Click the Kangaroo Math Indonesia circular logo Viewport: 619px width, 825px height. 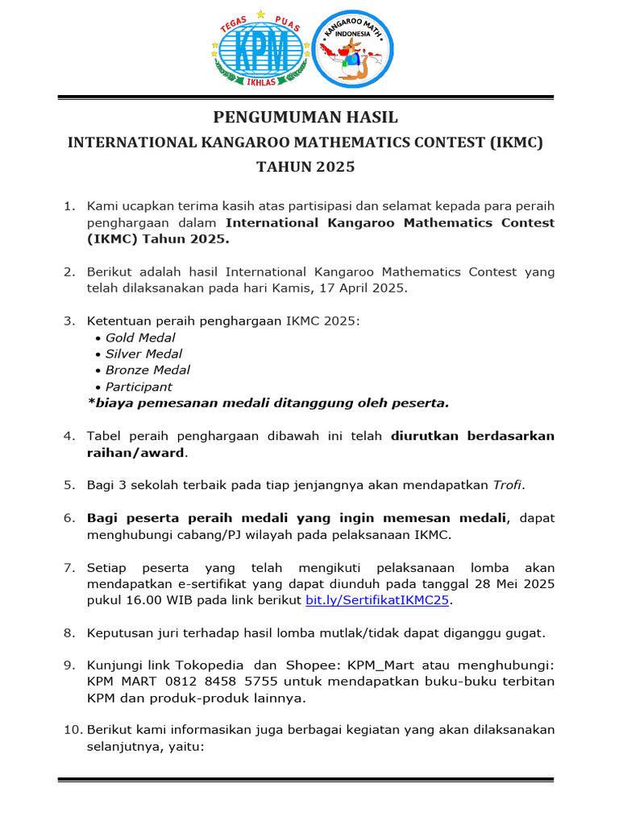point(354,48)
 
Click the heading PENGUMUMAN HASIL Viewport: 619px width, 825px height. point(305,118)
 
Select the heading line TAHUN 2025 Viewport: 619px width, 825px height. point(305,168)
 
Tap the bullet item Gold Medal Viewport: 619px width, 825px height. point(140,338)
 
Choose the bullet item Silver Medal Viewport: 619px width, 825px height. point(143,354)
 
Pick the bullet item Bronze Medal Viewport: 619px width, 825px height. point(147,370)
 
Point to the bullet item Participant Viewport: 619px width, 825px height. point(139,387)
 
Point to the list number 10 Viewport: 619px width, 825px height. point(72,730)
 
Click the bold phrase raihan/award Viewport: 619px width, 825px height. point(136,452)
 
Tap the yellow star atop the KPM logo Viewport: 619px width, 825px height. point(260,14)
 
